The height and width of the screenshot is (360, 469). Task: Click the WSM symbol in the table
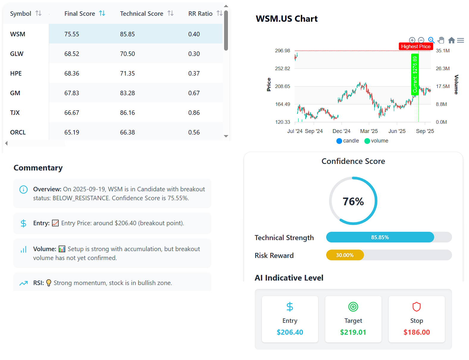pos(18,34)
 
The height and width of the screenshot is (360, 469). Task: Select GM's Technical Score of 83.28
pos(127,93)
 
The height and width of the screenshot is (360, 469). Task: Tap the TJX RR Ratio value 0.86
pos(194,113)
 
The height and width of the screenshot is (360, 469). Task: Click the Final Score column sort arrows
pos(102,13)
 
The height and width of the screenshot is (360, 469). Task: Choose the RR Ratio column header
pos(200,14)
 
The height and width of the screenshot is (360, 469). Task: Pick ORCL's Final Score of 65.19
pos(72,132)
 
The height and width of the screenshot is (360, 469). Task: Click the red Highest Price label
pos(415,46)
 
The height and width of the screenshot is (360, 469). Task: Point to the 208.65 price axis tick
pos(282,86)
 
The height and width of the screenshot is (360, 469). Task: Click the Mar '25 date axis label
pos(369,131)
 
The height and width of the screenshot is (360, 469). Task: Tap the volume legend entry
pos(376,141)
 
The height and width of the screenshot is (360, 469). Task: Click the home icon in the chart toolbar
pos(451,40)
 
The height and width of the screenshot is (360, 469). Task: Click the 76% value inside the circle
pos(353,201)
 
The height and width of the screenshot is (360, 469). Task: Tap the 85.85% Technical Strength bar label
pos(380,237)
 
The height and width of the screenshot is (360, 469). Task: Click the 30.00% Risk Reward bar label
pos(345,255)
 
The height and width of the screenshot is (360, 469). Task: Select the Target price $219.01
pos(353,332)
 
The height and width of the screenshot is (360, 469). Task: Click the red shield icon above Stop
pos(416,306)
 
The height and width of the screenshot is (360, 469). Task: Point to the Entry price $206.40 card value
pos(290,332)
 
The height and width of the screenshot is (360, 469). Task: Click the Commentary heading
pos(38,168)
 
